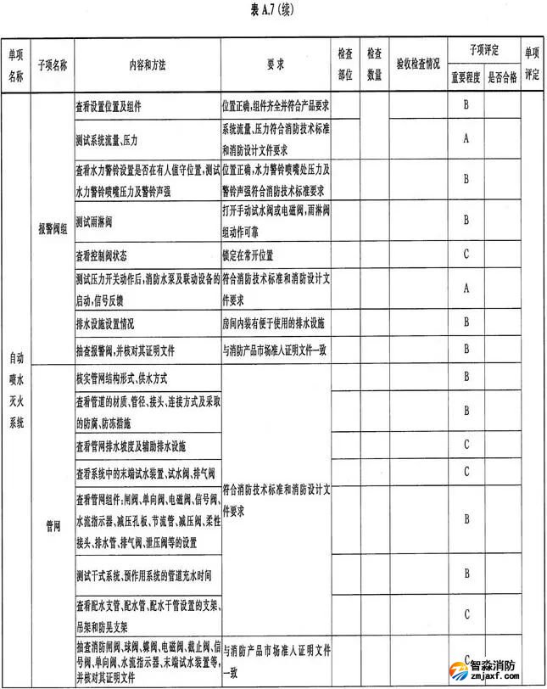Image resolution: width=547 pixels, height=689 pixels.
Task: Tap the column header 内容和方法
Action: tap(146, 63)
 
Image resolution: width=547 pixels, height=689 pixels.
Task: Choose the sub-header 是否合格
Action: tap(502, 77)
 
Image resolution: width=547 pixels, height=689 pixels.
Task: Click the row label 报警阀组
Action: tap(52, 227)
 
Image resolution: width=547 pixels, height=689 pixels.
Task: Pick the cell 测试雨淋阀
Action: tap(94, 221)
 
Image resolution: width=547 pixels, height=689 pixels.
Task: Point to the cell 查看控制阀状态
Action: tap(101, 255)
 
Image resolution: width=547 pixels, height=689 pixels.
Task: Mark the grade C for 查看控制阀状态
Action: tap(466, 254)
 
